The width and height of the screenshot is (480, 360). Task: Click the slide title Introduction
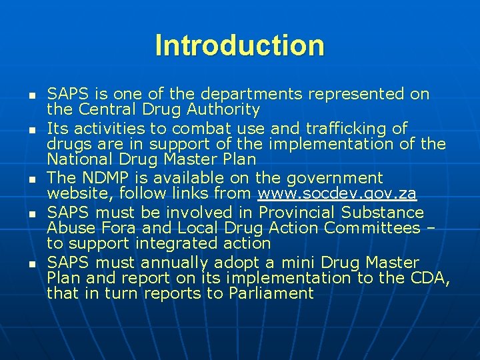(239, 45)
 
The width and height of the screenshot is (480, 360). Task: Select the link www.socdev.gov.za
(337, 194)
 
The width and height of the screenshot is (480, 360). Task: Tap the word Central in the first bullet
(104, 109)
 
